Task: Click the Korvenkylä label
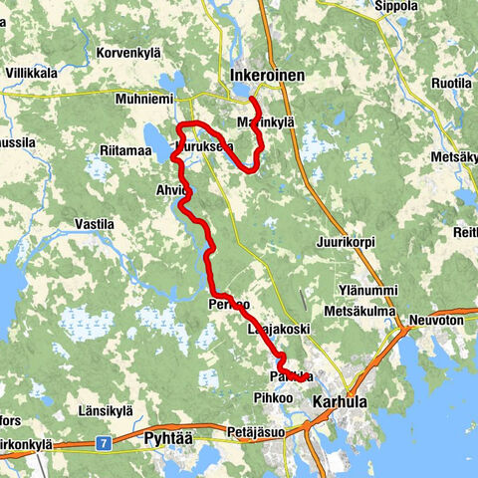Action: point(127,52)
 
